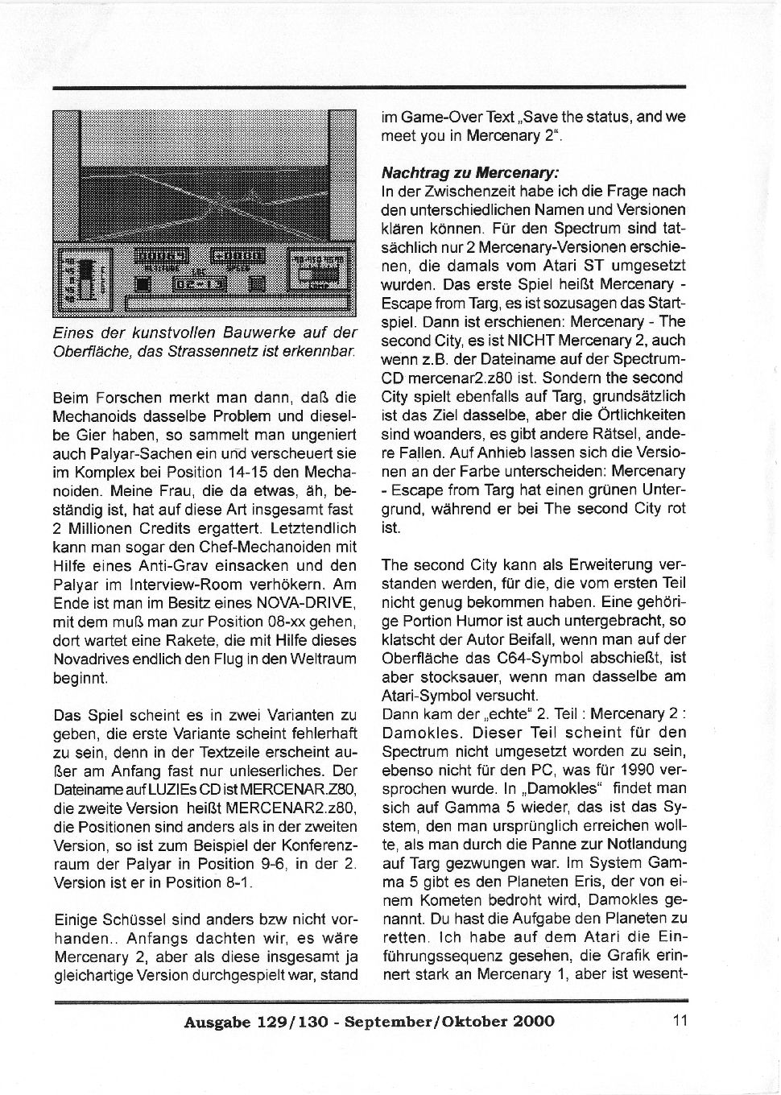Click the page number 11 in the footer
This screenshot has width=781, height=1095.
679,1021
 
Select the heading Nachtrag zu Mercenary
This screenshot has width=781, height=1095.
469,172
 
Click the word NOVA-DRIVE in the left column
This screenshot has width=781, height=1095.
308,603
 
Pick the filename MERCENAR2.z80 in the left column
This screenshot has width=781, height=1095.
268,808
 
